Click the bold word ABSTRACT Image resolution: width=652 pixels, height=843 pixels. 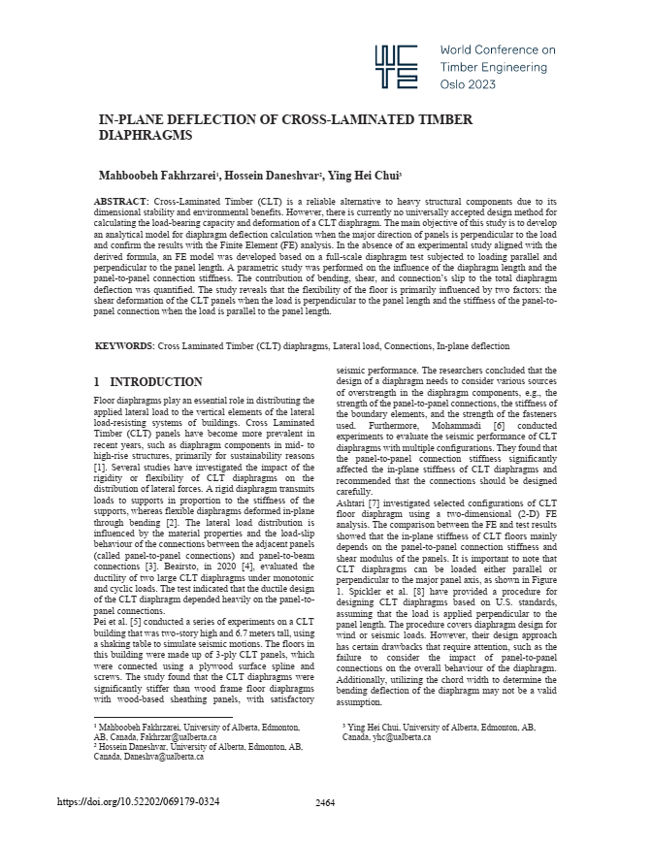coord(121,202)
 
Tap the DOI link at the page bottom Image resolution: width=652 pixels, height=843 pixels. coord(139,801)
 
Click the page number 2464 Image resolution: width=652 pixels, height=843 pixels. coord(326,802)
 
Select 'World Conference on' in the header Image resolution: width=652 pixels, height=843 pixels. coord(498,49)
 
